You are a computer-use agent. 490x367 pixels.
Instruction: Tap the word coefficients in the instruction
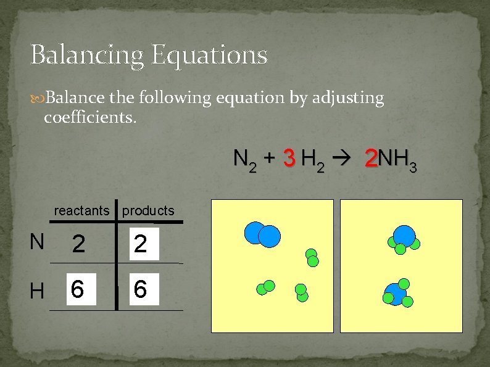click(x=90, y=117)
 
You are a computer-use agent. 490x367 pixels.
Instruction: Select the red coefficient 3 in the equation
click(x=288, y=159)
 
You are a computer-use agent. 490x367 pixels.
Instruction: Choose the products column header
click(x=148, y=210)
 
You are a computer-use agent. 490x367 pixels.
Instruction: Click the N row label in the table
click(x=37, y=242)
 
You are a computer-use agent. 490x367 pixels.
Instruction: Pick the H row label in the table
click(x=37, y=291)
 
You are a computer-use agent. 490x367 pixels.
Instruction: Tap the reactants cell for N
click(x=79, y=245)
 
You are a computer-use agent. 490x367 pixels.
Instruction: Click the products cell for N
click(x=141, y=245)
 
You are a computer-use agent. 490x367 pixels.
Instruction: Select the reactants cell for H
click(x=79, y=289)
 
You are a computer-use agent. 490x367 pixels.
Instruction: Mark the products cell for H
click(x=141, y=289)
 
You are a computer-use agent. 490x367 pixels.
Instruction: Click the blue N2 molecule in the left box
click(x=262, y=234)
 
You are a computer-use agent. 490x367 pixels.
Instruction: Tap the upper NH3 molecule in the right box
click(x=404, y=238)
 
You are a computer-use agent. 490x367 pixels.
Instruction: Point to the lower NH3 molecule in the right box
click(x=396, y=294)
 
